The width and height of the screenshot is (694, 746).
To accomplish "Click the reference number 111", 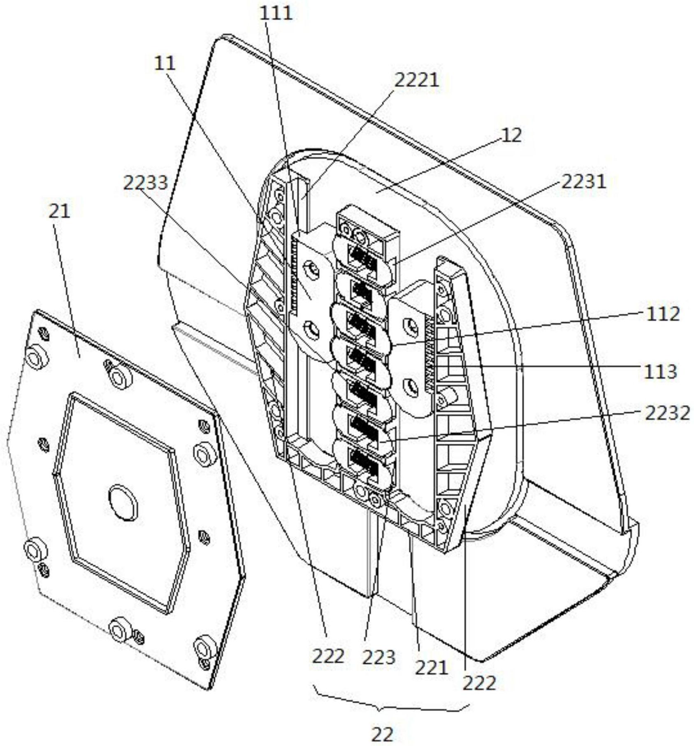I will pos(276,13).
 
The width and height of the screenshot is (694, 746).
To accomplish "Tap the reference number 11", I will pos(165,63).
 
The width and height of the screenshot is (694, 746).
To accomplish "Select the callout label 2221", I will pos(417,80).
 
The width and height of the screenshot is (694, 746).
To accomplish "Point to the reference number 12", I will pos(512,135).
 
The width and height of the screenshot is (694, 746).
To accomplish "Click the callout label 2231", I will pos(584,181).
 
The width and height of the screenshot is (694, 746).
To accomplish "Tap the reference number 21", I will pos(60,211).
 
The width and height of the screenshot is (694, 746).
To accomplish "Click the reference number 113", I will pos(660,372).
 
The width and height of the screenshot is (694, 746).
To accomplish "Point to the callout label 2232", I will pos(667,413).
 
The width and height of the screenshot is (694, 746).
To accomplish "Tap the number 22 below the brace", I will pos(382,734).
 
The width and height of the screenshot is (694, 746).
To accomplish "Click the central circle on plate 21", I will pos(123,503).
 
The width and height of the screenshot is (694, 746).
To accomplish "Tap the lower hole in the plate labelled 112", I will pos(411,386).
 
